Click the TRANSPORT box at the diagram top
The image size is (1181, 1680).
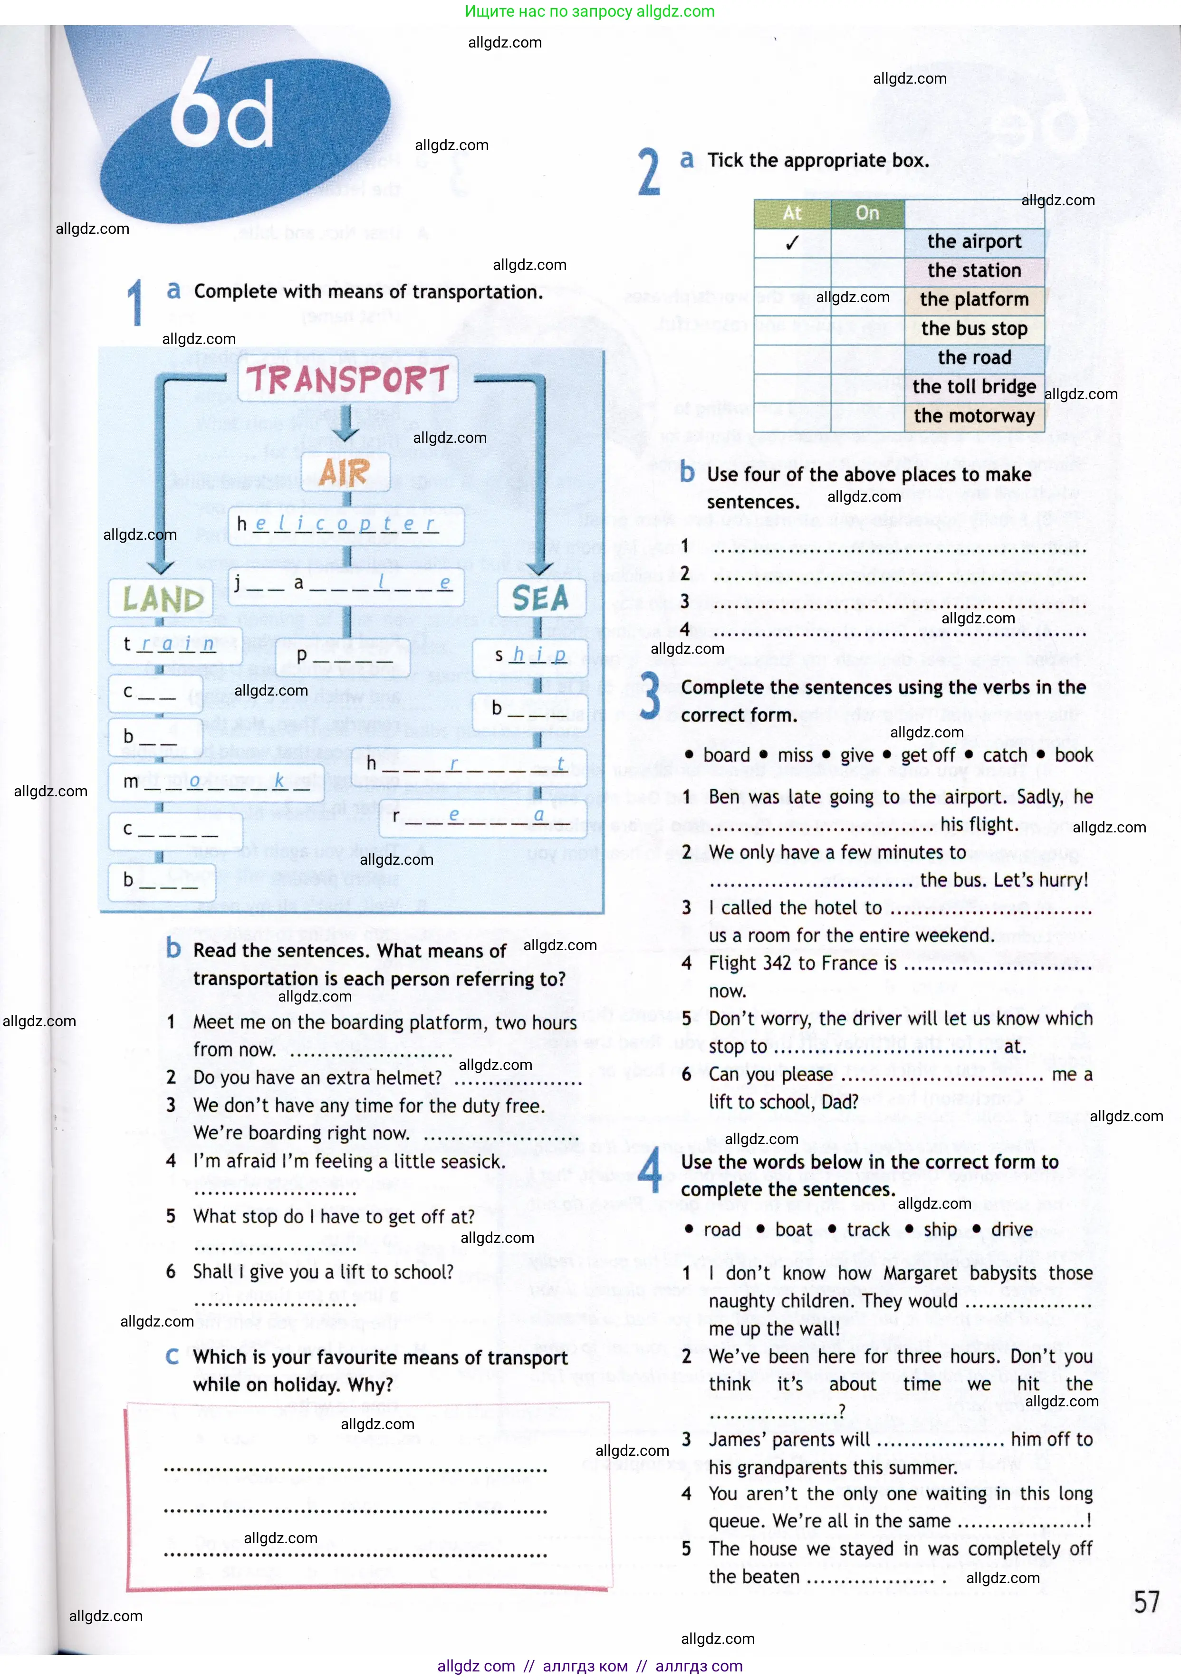click(x=347, y=379)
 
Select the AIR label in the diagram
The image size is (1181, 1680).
click(x=345, y=472)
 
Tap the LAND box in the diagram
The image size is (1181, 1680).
click(x=162, y=599)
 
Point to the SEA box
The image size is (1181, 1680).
click(x=541, y=599)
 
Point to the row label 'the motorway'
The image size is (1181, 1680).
click(x=974, y=416)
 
